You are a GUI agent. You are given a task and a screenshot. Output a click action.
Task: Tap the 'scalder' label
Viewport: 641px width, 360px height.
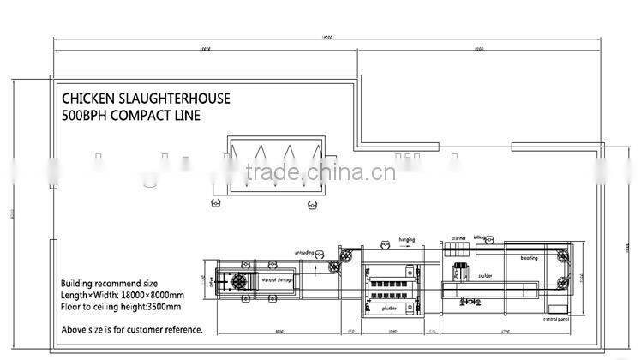[485, 276]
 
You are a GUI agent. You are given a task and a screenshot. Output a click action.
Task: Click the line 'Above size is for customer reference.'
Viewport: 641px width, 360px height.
[131, 329]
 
